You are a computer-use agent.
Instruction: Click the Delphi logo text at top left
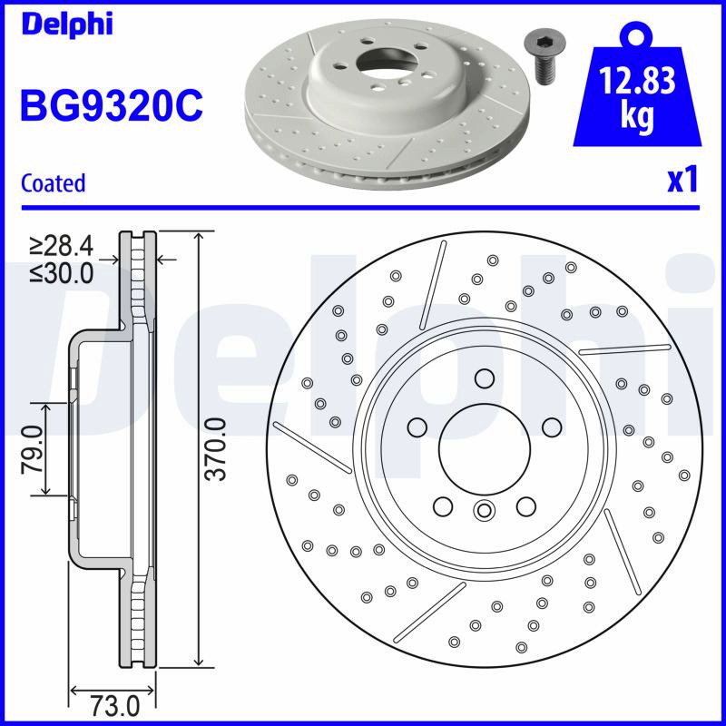pos(67,25)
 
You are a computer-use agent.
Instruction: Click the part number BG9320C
pos(112,105)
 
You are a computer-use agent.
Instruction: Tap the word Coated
pos(54,183)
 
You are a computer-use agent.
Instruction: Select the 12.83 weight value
pos(637,81)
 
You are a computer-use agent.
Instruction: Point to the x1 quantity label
pos(682,180)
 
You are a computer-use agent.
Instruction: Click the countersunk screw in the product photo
pos(543,58)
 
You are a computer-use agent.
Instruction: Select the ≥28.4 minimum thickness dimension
pos(62,246)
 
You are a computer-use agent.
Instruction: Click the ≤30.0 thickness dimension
pos(62,273)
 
